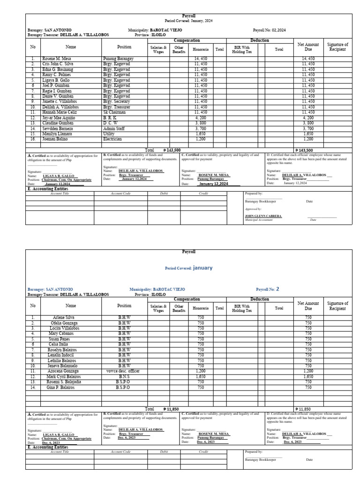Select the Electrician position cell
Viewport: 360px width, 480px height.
click(x=112, y=139)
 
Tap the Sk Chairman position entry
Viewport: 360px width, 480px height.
click(x=115, y=112)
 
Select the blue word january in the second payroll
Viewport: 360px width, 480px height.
click(x=202, y=268)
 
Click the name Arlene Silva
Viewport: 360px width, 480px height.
click(x=65, y=317)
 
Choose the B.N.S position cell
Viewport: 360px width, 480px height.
click(x=124, y=376)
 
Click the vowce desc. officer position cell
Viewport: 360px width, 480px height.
click(x=124, y=371)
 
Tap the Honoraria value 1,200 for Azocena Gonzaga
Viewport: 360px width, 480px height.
click(x=201, y=371)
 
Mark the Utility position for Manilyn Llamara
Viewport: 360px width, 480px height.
click(x=109, y=134)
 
